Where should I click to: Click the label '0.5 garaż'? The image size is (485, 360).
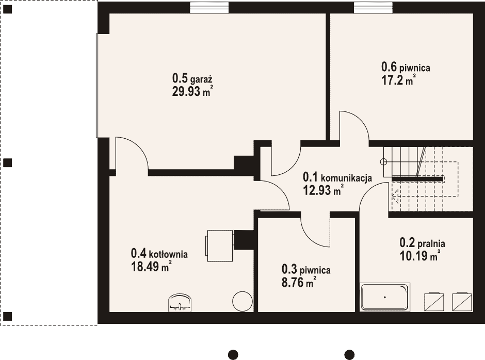tap(192, 78)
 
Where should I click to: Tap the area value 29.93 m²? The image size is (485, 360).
tap(192, 91)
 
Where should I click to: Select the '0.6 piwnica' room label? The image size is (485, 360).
tap(406, 67)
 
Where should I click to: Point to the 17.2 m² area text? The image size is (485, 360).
tap(398, 80)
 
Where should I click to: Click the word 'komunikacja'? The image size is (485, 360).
tap(346, 178)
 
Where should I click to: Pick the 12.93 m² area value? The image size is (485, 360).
tap(323, 190)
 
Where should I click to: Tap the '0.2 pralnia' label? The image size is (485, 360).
tap(422, 243)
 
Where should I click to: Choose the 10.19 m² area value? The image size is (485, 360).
tap(420, 256)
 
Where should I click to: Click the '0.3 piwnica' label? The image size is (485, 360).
tap(306, 270)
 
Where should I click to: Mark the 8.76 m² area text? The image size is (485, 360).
tap(299, 282)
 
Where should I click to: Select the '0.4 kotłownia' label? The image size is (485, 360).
tap(159, 254)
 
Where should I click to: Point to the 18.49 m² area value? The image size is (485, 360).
tap(151, 266)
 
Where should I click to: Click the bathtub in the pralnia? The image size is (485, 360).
tap(385, 297)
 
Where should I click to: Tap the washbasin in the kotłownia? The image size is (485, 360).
tap(181, 303)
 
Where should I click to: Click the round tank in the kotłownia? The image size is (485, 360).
tap(242, 301)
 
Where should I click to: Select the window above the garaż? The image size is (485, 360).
tap(209, 7)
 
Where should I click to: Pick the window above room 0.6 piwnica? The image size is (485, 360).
tap(374, 7)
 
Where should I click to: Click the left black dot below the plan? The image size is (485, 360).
tap(233, 354)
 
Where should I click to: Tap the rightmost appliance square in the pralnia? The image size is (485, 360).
tap(462, 302)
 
